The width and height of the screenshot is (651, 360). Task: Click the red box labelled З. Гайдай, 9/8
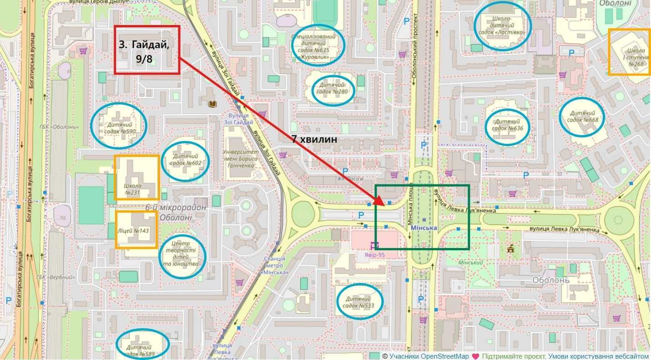pyautogui.click(x=146, y=49)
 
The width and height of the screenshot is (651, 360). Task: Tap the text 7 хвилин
pyautogui.click(x=314, y=140)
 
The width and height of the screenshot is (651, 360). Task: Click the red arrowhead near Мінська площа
pyautogui.click(x=380, y=201)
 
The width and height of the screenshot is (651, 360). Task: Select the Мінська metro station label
pyautogui.click(x=424, y=228)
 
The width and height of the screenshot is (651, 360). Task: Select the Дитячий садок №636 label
pyautogui.click(x=509, y=125)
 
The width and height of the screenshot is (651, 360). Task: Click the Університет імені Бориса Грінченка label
pyautogui.click(x=240, y=158)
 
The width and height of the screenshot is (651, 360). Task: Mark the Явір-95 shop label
pyautogui.click(x=374, y=255)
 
